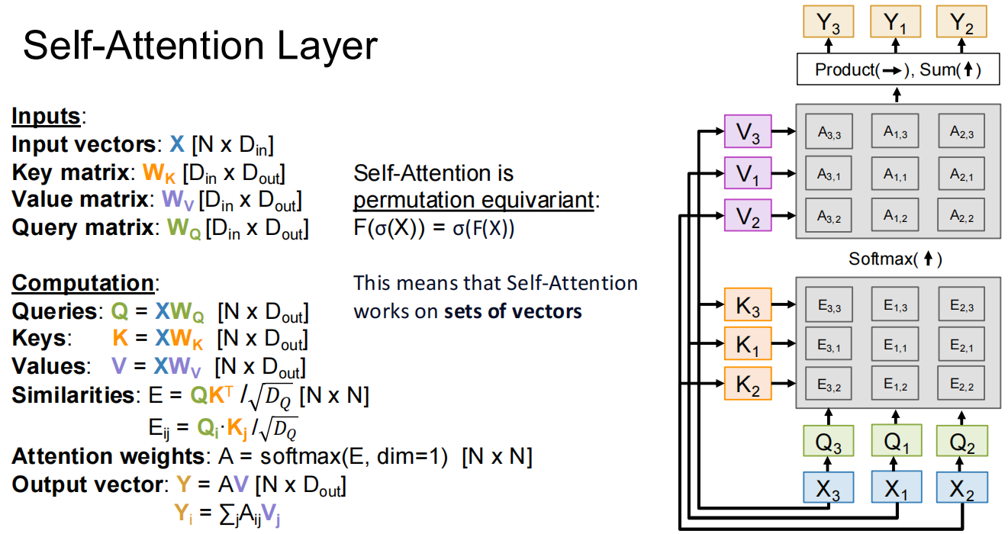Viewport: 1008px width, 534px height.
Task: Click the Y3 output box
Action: click(830, 23)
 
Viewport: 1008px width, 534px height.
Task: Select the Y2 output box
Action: click(961, 23)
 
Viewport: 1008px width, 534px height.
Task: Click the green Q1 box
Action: click(896, 440)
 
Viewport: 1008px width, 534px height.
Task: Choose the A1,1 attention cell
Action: click(896, 175)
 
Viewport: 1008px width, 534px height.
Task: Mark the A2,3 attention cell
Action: click(961, 132)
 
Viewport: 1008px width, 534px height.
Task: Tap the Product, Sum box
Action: click(896, 70)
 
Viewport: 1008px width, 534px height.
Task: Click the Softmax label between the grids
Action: click(896, 259)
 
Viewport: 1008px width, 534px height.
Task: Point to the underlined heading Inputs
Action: click(46, 116)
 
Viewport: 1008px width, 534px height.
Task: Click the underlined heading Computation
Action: click(82, 283)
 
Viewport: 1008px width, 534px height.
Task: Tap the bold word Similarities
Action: click(72, 395)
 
